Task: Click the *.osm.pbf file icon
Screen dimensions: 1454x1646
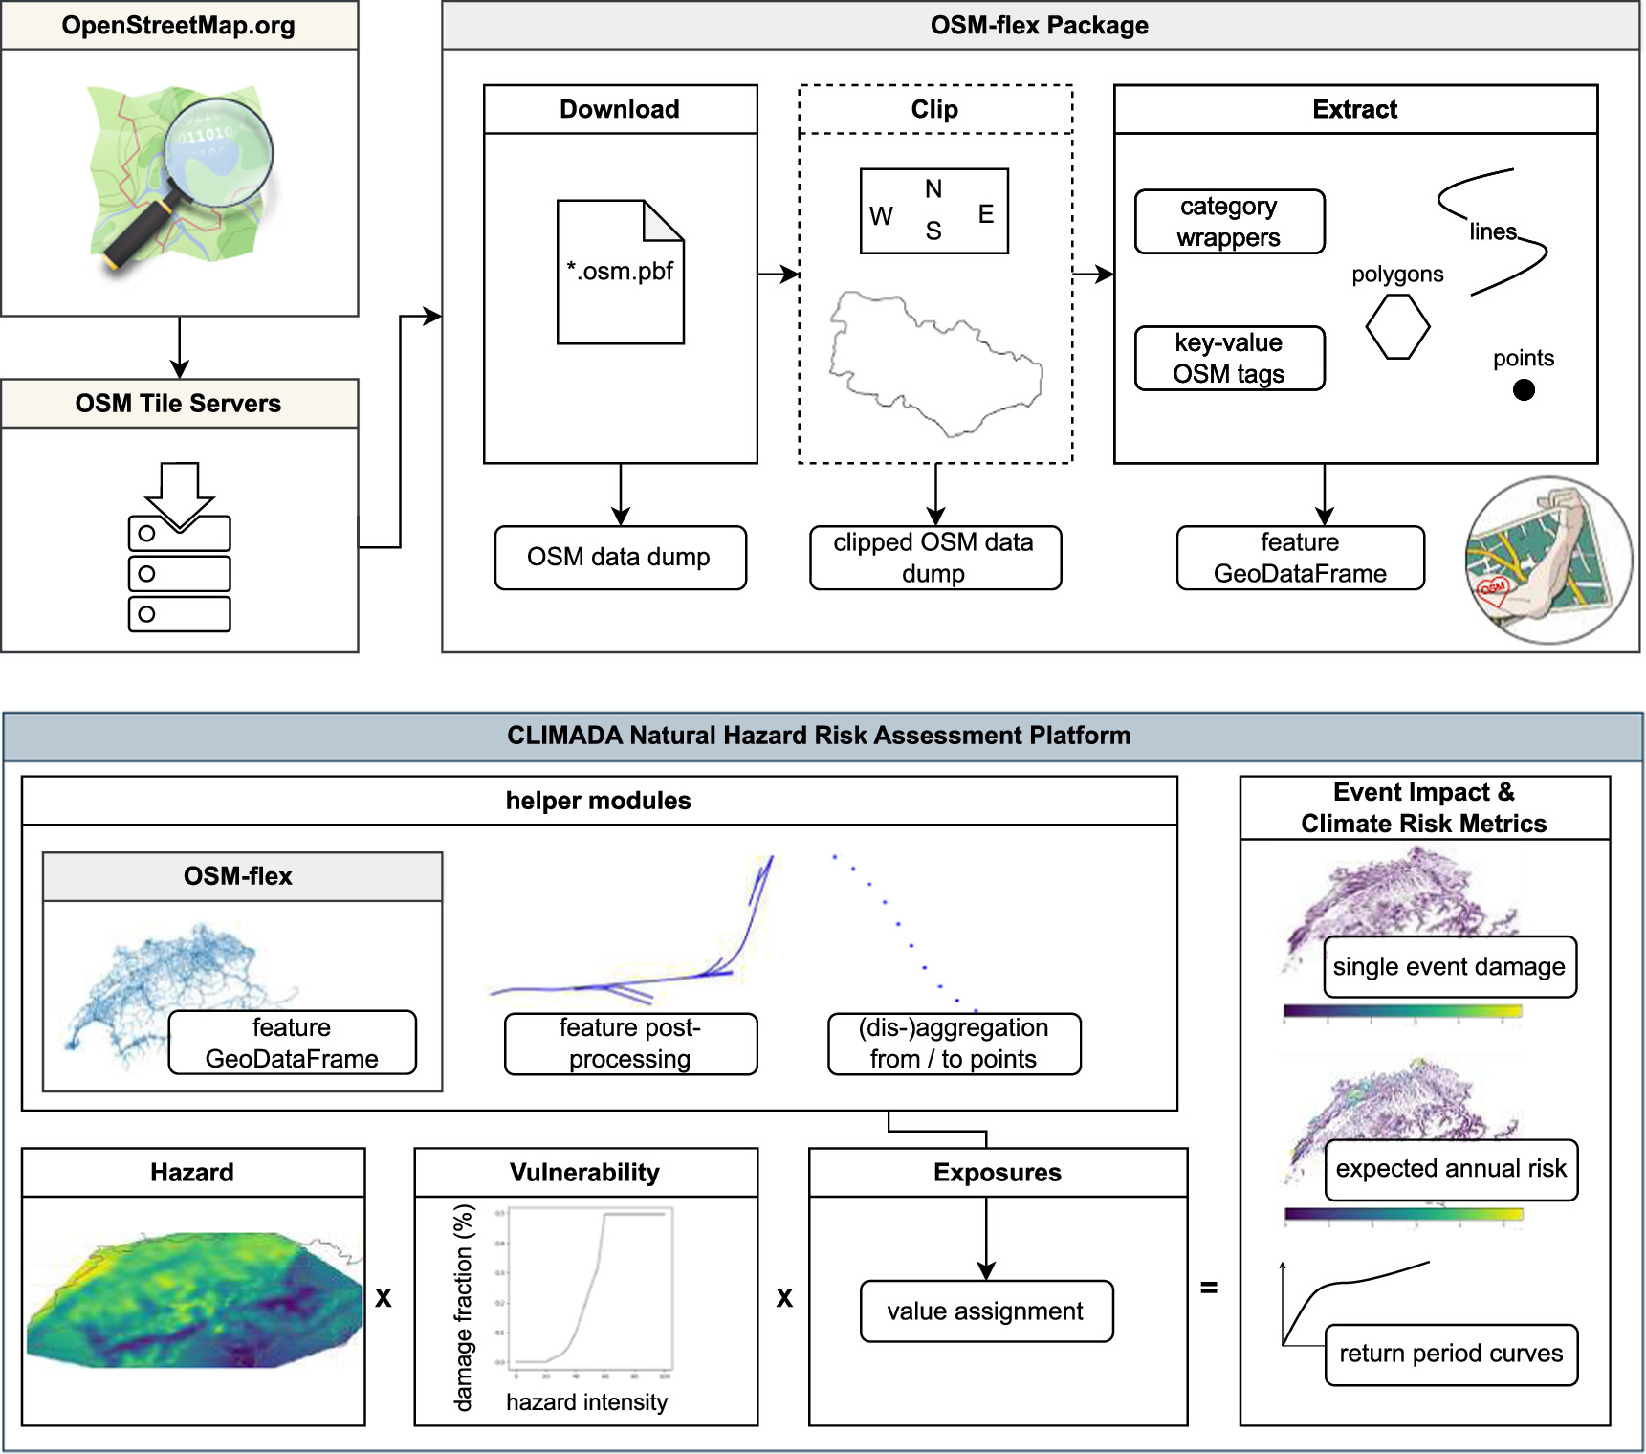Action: click(x=620, y=272)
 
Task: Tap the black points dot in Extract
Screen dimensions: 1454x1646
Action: click(x=1524, y=390)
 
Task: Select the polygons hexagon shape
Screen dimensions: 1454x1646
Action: click(x=1397, y=326)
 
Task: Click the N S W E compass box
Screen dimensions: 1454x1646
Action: click(x=933, y=211)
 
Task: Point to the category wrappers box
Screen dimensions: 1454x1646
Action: click(x=1229, y=222)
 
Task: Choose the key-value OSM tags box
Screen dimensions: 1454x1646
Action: click(x=1229, y=359)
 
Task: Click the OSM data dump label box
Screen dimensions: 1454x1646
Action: click(x=620, y=558)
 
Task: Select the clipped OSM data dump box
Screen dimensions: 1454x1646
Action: click(x=934, y=558)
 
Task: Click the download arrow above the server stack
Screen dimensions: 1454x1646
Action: click(x=179, y=494)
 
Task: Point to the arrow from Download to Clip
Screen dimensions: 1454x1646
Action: click(x=778, y=275)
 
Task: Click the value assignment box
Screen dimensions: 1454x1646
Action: click(x=986, y=1311)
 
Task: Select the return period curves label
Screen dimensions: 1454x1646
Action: click(x=1450, y=1355)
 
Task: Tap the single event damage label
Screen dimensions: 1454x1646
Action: click(x=1449, y=967)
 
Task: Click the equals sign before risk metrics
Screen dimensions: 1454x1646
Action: click(x=1209, y=1288)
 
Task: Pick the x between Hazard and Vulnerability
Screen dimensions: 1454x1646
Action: click(x=384, y=1298)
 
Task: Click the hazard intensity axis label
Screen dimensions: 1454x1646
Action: click(x=586, y=1402)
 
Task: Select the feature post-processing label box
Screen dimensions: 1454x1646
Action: click(x=630, y=1044)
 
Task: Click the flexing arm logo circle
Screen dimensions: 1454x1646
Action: click(x=1548, y=561)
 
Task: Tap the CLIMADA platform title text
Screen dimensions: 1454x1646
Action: click(x=819, y=736)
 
